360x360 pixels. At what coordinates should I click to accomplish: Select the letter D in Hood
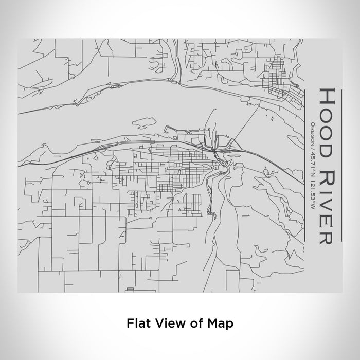coord(330,141)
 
